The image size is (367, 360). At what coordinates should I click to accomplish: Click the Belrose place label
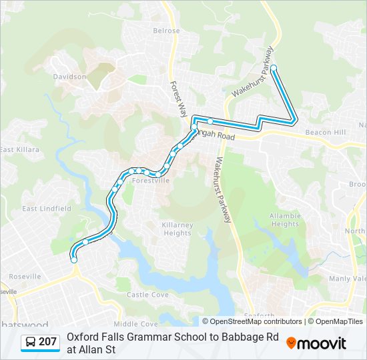pos(166,31)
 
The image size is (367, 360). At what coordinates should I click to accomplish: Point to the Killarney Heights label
pos(177,229)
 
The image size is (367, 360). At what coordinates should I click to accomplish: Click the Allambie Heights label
pos(285,220)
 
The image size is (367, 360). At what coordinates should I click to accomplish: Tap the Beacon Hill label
pos(324,133)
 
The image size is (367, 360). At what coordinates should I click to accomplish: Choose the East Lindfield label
pos(47,209)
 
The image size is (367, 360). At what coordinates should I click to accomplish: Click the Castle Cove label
pos(147,294)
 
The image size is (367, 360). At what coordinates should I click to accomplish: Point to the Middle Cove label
pos(140,323)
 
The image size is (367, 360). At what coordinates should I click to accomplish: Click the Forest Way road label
pos(177,99)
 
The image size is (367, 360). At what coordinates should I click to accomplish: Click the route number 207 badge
pos(47,342)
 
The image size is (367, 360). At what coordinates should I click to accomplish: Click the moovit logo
pos(316,343)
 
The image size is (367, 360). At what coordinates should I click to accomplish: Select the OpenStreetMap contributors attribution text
pos(252,321)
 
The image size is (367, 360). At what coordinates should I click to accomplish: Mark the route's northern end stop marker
pos(274,67)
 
